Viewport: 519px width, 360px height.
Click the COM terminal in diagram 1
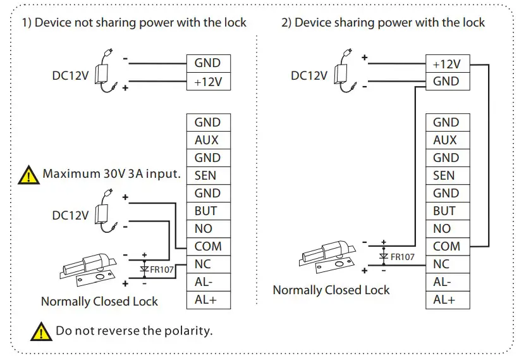tap(208, 247)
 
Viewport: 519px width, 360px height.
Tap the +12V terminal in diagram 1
tap(208, 82)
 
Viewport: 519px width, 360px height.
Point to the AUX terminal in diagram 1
tap(208, 140)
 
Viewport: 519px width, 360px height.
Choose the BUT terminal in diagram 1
tap(208, 211)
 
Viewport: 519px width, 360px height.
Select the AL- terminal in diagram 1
tap(208, 282)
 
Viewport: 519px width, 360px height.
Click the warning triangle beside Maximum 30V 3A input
tap(29, 175)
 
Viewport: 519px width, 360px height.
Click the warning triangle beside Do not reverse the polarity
tap(42, 331)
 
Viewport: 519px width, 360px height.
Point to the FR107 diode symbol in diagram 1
tap(145, 269)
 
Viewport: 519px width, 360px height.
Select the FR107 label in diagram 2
tap(403, 257)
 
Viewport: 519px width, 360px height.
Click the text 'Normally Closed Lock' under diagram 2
tap(331, 290)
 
